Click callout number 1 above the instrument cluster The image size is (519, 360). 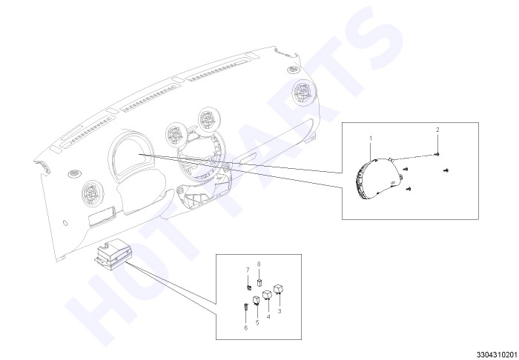[371, 139]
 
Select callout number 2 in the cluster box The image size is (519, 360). [437, 130]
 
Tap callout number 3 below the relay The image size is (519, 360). [280, 311]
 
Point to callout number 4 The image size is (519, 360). [268, 317]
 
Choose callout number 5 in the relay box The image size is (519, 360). [257, 323]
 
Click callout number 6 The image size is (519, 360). [245, 328]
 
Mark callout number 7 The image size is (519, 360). [248, 270]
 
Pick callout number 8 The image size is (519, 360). [259, 264]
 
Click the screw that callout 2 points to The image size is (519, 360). [437, 154]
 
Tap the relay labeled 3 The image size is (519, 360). [278, 289]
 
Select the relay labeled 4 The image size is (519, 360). [267, 295]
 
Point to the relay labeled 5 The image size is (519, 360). [257, 300]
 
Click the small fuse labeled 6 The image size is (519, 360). [245, 306]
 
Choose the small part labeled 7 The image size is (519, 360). [248, 287]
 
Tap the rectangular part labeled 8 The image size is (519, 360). [259, 282]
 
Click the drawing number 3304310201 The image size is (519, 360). [497, 354]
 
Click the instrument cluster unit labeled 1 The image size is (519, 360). [378, 179]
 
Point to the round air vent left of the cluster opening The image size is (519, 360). [93, 193]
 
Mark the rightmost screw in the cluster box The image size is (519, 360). [446, 170]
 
